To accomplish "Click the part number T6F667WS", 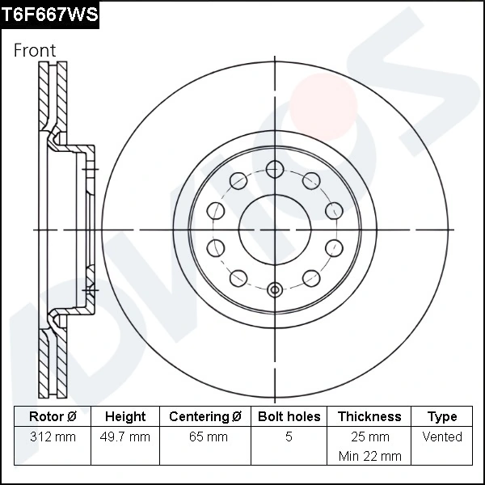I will coord(50,14).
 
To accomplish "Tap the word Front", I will coord(35,50).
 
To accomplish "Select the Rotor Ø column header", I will coord(52,416).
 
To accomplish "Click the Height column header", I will coord(125,416).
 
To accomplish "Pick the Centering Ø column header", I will coord(205,416).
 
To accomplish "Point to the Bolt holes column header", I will coord(289,416).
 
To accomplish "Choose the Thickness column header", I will coord(369,416).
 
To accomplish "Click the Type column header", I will coord(442,416).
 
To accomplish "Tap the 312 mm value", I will coord(52,436).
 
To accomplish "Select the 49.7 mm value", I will coord(125,436).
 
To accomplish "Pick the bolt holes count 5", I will coord(289,436).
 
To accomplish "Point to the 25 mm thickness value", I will coord(369,436).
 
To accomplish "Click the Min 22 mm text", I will coord(369,456).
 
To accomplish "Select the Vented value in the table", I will coord(442,436).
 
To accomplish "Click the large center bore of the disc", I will coord(275,230).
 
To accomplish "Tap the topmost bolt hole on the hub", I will coord(275,169).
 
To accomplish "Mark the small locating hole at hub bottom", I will coord(275,290).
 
